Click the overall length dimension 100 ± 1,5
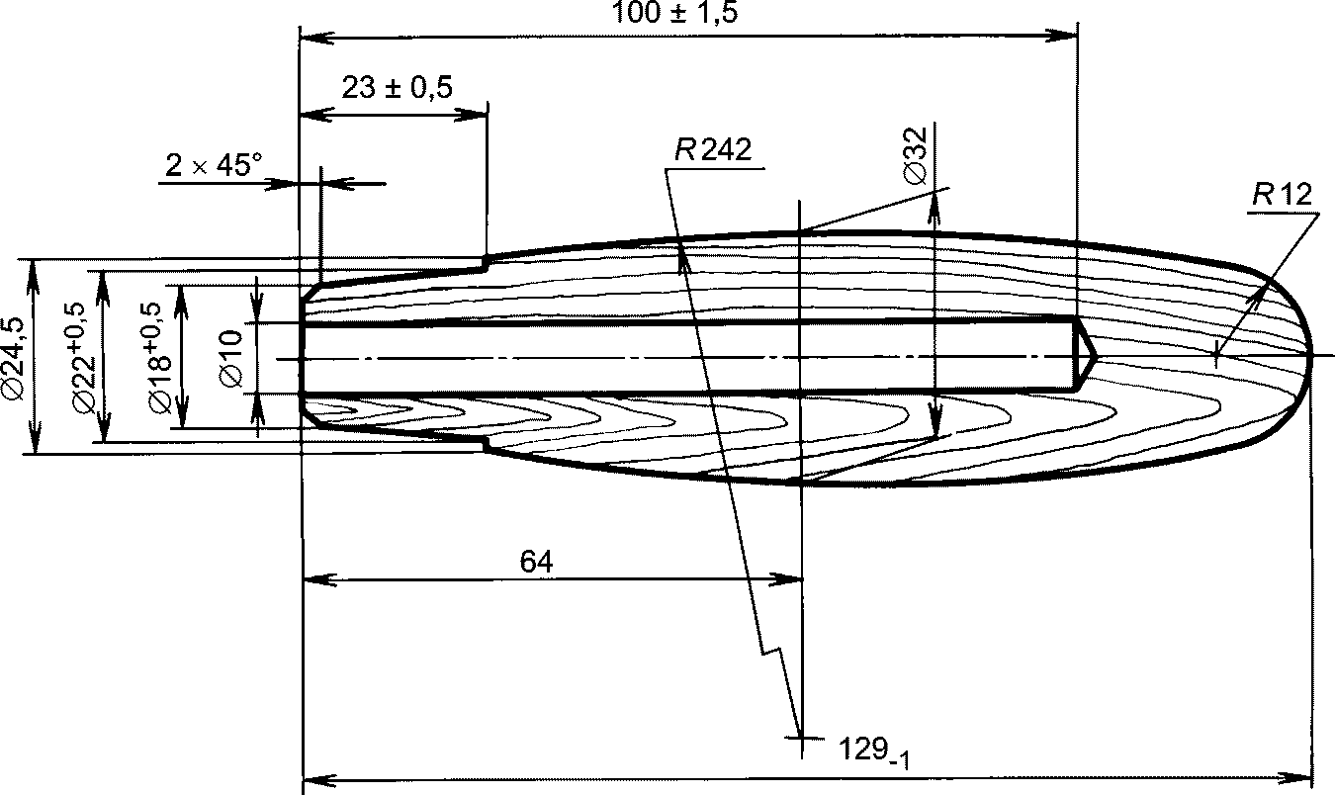click(674, 12)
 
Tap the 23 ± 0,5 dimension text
click(397, 88)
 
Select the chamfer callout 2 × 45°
click(213, 164)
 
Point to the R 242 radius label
click(713, 149)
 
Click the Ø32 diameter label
click(916, 155)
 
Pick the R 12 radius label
click(1282, 194)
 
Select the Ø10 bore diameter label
click(231, 358)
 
